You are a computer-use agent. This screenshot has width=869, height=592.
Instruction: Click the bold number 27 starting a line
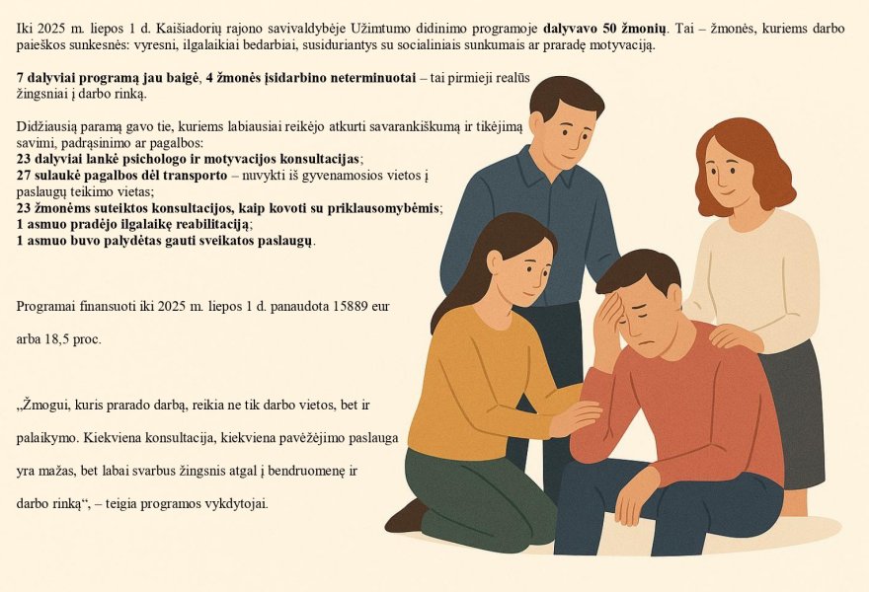coord(25,175)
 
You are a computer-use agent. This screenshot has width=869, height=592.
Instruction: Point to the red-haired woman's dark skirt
coord(795,414)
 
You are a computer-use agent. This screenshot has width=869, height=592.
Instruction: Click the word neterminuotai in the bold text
coord(364,77)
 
